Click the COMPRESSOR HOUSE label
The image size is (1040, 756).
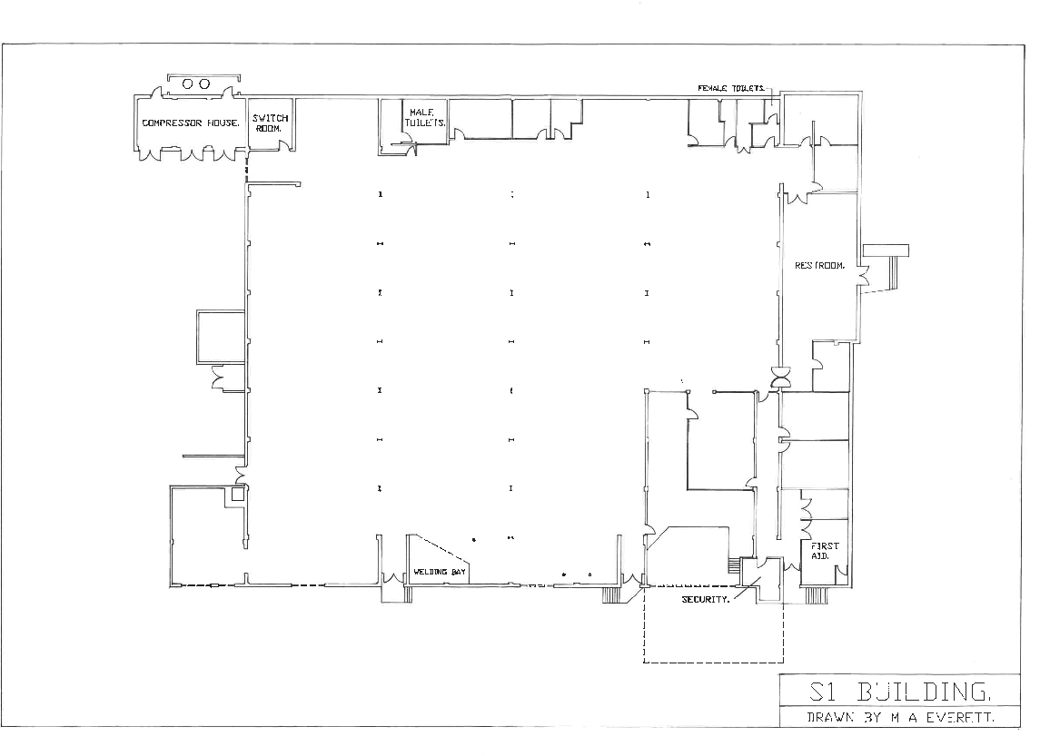coord(191,123)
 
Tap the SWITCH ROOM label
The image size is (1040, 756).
coord(270,123)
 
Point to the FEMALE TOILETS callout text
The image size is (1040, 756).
coord(731,88)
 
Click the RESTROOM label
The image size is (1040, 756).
coord(820,266)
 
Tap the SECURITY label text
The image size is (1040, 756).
coord(705,600)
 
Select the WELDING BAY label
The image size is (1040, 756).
coord(440,573)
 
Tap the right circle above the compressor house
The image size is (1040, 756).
coord(204,83)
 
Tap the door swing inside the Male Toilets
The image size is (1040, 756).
coord(409,140)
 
